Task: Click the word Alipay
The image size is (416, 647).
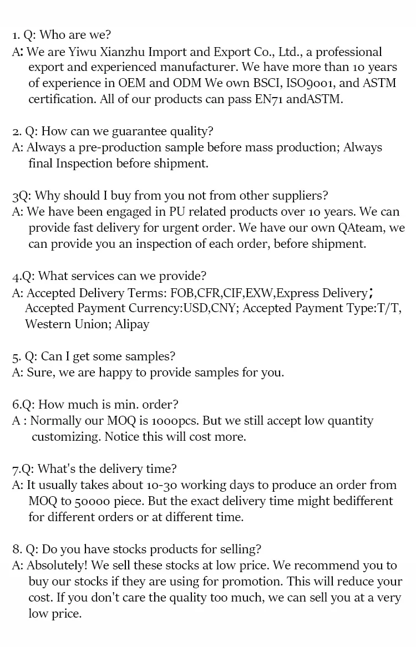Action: tap(132, 324)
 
